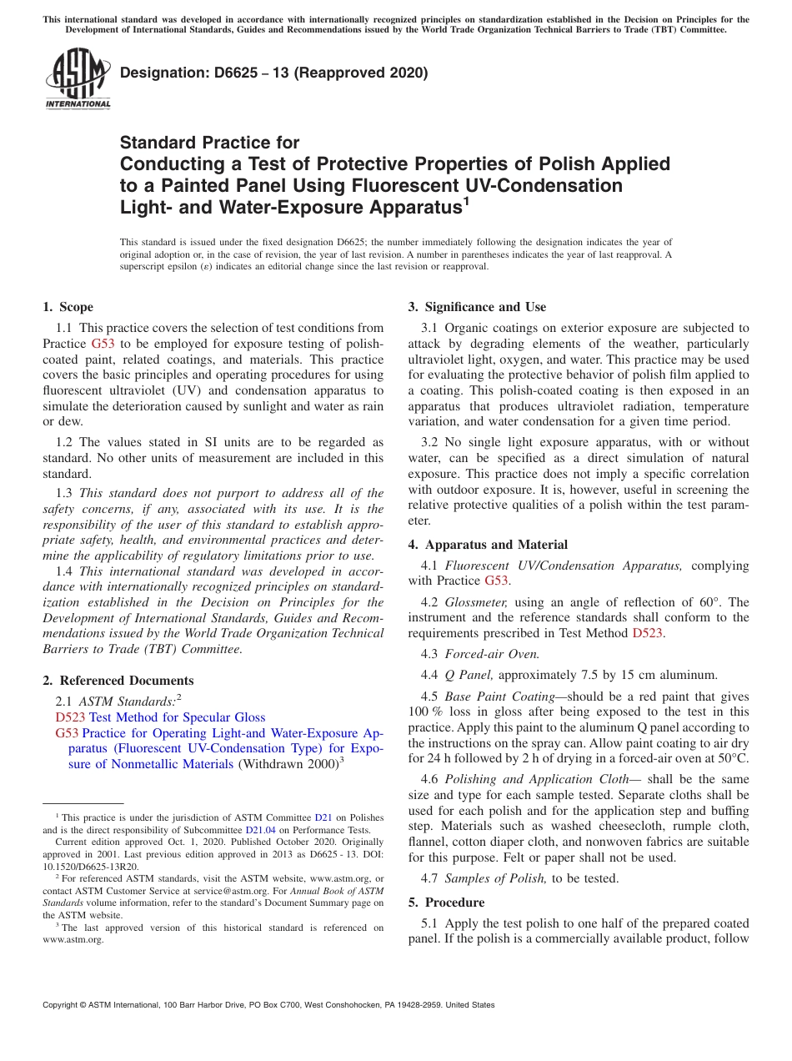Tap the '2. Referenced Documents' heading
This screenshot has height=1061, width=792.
coord(118,681)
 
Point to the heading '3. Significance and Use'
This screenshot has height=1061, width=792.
coord(477,307)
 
